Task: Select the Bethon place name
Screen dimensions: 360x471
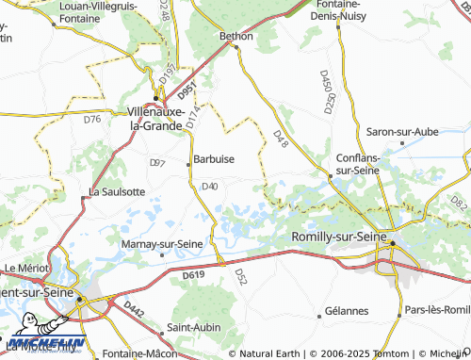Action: point(236,36)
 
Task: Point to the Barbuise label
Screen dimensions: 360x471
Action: point(214,159)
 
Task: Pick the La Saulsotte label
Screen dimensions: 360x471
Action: point(116,191)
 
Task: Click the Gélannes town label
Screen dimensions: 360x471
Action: point(345,311)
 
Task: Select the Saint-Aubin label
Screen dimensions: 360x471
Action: point(187,328)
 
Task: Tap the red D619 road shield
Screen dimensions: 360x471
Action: point(193,274)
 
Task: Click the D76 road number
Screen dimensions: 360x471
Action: point(91,120)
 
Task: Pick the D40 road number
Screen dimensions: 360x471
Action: point(210,186)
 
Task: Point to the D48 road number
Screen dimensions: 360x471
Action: point(279,138)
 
